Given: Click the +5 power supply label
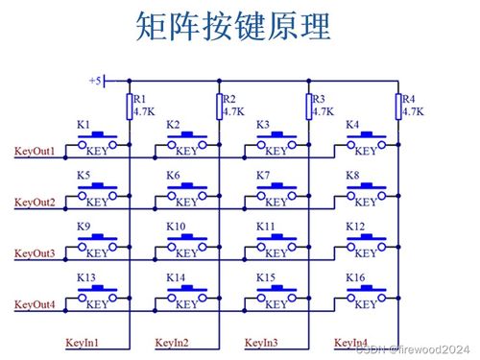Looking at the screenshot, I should pos(94,82).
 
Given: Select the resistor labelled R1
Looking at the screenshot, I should pos(128,105).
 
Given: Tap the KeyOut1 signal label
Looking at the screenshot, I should pos(34,150).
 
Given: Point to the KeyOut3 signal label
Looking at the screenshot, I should pos(34,253).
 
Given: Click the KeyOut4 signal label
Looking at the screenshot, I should pos(34,305).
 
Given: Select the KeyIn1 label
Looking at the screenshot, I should pos(83,342).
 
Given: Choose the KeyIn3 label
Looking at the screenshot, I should pos(262,342).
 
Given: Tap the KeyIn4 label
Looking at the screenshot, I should pos(350,342).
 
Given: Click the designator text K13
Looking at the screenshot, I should pos(86,277).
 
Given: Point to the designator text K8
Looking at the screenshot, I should pos(352,175).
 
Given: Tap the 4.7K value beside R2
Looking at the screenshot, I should pos(233,111).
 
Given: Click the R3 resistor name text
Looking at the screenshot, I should pos(320,99).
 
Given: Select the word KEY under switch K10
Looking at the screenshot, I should pos(188,253).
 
